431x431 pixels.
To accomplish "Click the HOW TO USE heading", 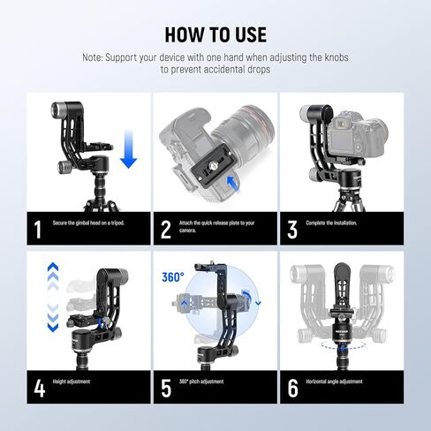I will click(x=215, y=34).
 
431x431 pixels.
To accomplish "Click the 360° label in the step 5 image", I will click(x=173, y=277).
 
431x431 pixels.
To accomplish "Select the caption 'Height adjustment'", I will click(x=72, y=382).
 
